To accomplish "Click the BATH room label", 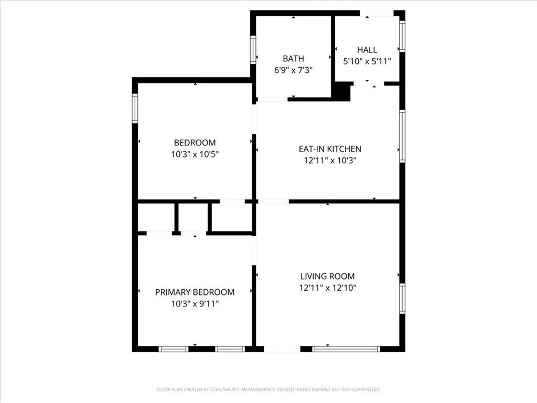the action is (x=293, y=58).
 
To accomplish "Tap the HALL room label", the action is (x=367, y=50).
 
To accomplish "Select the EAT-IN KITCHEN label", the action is (x=330, y=149).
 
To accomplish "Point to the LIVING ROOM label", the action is (x=327, y=276).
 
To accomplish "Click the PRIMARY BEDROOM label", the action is (x=195, y=292).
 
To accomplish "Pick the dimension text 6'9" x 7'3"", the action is (x=293, y=70).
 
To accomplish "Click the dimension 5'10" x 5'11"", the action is (x=367, y=61).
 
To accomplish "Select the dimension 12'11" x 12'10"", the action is (x=327, y=288).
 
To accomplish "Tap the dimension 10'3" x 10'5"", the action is (x=195, y=154).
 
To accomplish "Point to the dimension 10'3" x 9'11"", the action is (x=195, y=304).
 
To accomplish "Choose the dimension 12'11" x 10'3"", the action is (x=330, y=160).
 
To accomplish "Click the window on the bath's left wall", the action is (x=253, y=50).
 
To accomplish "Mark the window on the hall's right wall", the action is (x=402, y=36).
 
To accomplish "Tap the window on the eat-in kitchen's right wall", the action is (x=402, y=136).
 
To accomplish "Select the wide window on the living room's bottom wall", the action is (x=346, y=349).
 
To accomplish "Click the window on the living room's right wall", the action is (x=402, y=298).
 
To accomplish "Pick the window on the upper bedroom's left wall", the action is (x=135, y=108).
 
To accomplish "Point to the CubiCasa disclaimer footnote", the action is (x=268, y=389).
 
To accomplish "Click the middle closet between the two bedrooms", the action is (x=194, y=217).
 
